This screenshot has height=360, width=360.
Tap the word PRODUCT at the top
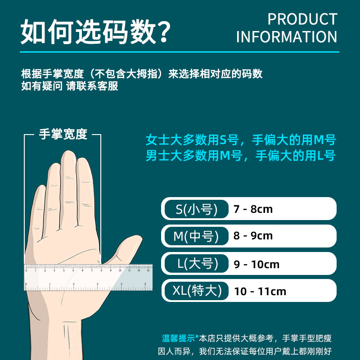click(302, 19)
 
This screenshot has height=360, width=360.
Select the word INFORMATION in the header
click(286, 37)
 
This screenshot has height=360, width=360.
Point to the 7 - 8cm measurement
click(253, 209)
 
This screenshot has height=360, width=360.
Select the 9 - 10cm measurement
click(256, 264)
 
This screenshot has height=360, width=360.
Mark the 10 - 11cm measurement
click(260, 292)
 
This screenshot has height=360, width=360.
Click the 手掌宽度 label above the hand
click(63, 134)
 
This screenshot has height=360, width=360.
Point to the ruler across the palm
click(88, 277)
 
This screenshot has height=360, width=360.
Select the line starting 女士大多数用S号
click(241, 140)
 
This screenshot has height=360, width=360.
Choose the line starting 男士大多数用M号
click(241, 156)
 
